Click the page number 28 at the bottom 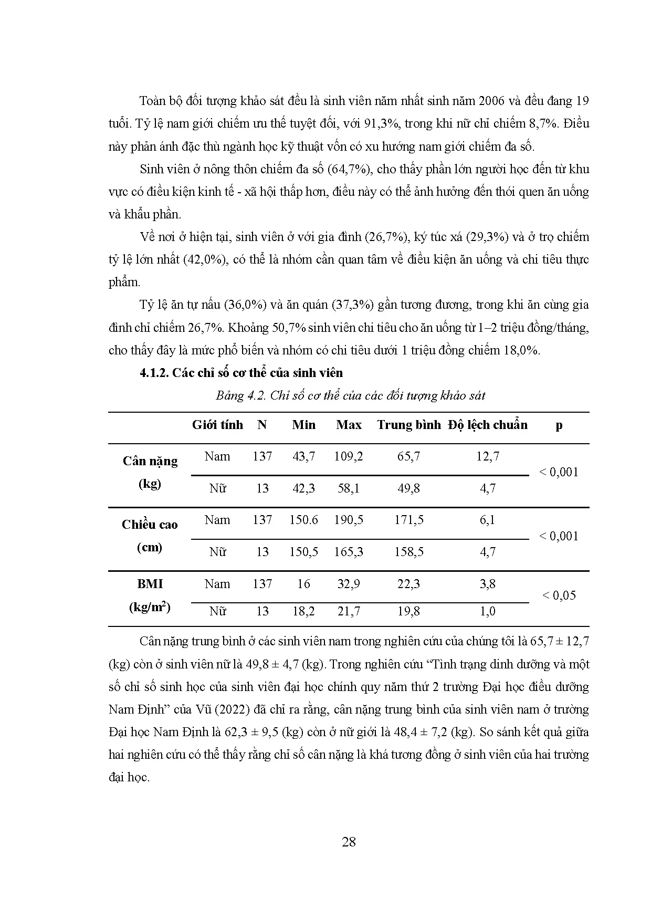click(x=349, y=842)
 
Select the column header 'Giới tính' click(x=217, y=425)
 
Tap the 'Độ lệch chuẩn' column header click(x=488, y=425)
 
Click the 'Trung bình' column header click(x=408, y=425)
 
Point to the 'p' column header click(x=559, y=425)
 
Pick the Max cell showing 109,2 click(x=349, y=456)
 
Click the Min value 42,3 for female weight click(x=303, y=488)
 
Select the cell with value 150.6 click(x=303, y=520)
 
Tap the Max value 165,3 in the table click(x=349, y=552)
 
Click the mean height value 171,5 click(x=408, y=520)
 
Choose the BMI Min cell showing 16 click(x=303, y=584)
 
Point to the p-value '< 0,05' click(x=559, y=595)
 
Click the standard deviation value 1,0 click(x=488, y=611)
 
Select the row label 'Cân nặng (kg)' click(x=150, y=472)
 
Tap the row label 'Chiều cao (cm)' click(x=150, y=536)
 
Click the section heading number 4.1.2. click(x=154, y=373)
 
